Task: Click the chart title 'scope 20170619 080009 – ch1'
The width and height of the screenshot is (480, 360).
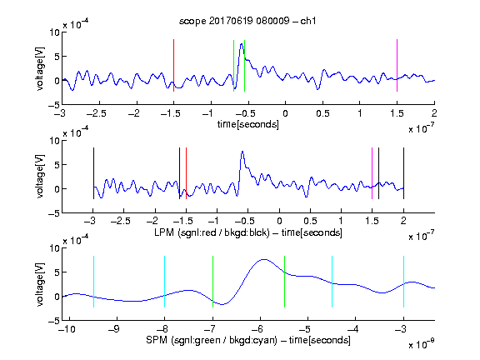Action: click(247, 21)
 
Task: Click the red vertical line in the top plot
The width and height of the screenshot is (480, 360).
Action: click(173, 65)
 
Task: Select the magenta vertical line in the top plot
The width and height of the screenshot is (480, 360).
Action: click(397, 65)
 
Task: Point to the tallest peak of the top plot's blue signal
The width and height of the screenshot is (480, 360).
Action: click(242, 44)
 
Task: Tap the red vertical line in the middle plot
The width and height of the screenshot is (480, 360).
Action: click(186, 173)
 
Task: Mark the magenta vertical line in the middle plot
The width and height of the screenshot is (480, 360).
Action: click(372, 173)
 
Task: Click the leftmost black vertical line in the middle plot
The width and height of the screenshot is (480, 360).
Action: click(93, 173)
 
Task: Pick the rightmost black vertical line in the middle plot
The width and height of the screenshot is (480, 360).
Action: click(403, 173)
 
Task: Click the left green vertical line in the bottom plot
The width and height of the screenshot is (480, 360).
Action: click(212, 282)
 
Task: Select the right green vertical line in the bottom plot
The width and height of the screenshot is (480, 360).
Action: click(284, 282)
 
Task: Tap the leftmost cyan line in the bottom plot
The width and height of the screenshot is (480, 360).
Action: click(93, 282)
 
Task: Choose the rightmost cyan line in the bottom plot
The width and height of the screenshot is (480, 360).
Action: click(403, 282)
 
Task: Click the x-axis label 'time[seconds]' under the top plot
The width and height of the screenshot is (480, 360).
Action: click(248, 124)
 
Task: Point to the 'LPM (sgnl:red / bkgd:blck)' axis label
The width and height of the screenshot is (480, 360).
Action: click(212, 232)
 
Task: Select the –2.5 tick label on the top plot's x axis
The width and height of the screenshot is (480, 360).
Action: click(97, 113)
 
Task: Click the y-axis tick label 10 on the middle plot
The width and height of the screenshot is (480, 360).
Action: click(55, 141)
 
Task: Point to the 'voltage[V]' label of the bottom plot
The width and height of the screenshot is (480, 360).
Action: click(40, 284)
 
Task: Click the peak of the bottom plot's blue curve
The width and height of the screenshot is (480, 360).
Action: click(264, 260)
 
